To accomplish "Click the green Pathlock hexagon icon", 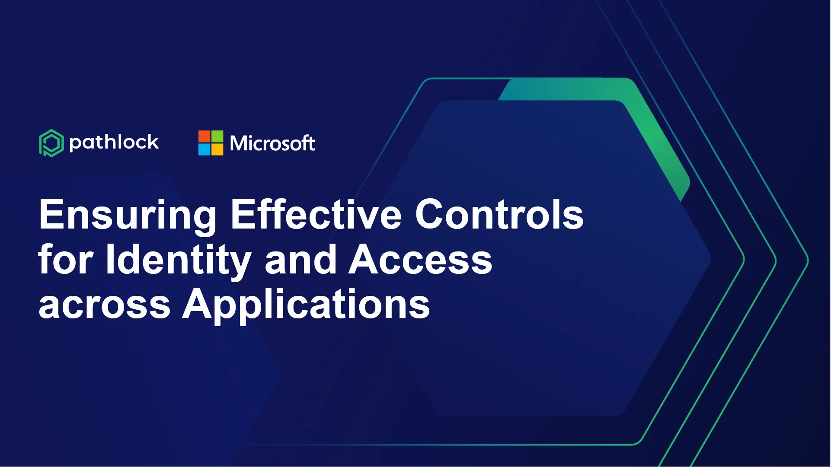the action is pos(51,143).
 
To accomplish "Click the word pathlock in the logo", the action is pos(114,143).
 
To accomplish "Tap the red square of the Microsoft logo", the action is pos(204,137).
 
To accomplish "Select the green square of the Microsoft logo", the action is pos(217,137).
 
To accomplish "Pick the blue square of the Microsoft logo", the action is pos(204,149).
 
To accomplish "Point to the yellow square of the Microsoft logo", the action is pos(217,149).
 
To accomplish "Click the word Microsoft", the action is pos(272,143).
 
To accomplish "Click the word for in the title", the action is pos(65,259).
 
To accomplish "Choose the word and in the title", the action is pos(301,259).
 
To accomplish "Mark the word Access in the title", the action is pos(421,259).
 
